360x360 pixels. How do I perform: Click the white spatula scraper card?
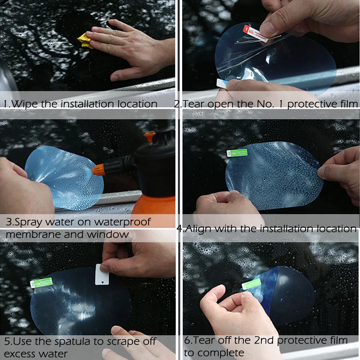click(102, 274)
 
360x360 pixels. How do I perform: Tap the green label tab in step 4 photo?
click(237, 152)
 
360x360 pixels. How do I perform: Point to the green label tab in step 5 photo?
click(41, 282)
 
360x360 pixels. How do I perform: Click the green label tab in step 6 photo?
click(251, 283)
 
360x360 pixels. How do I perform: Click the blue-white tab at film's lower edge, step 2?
click(222, 83)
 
